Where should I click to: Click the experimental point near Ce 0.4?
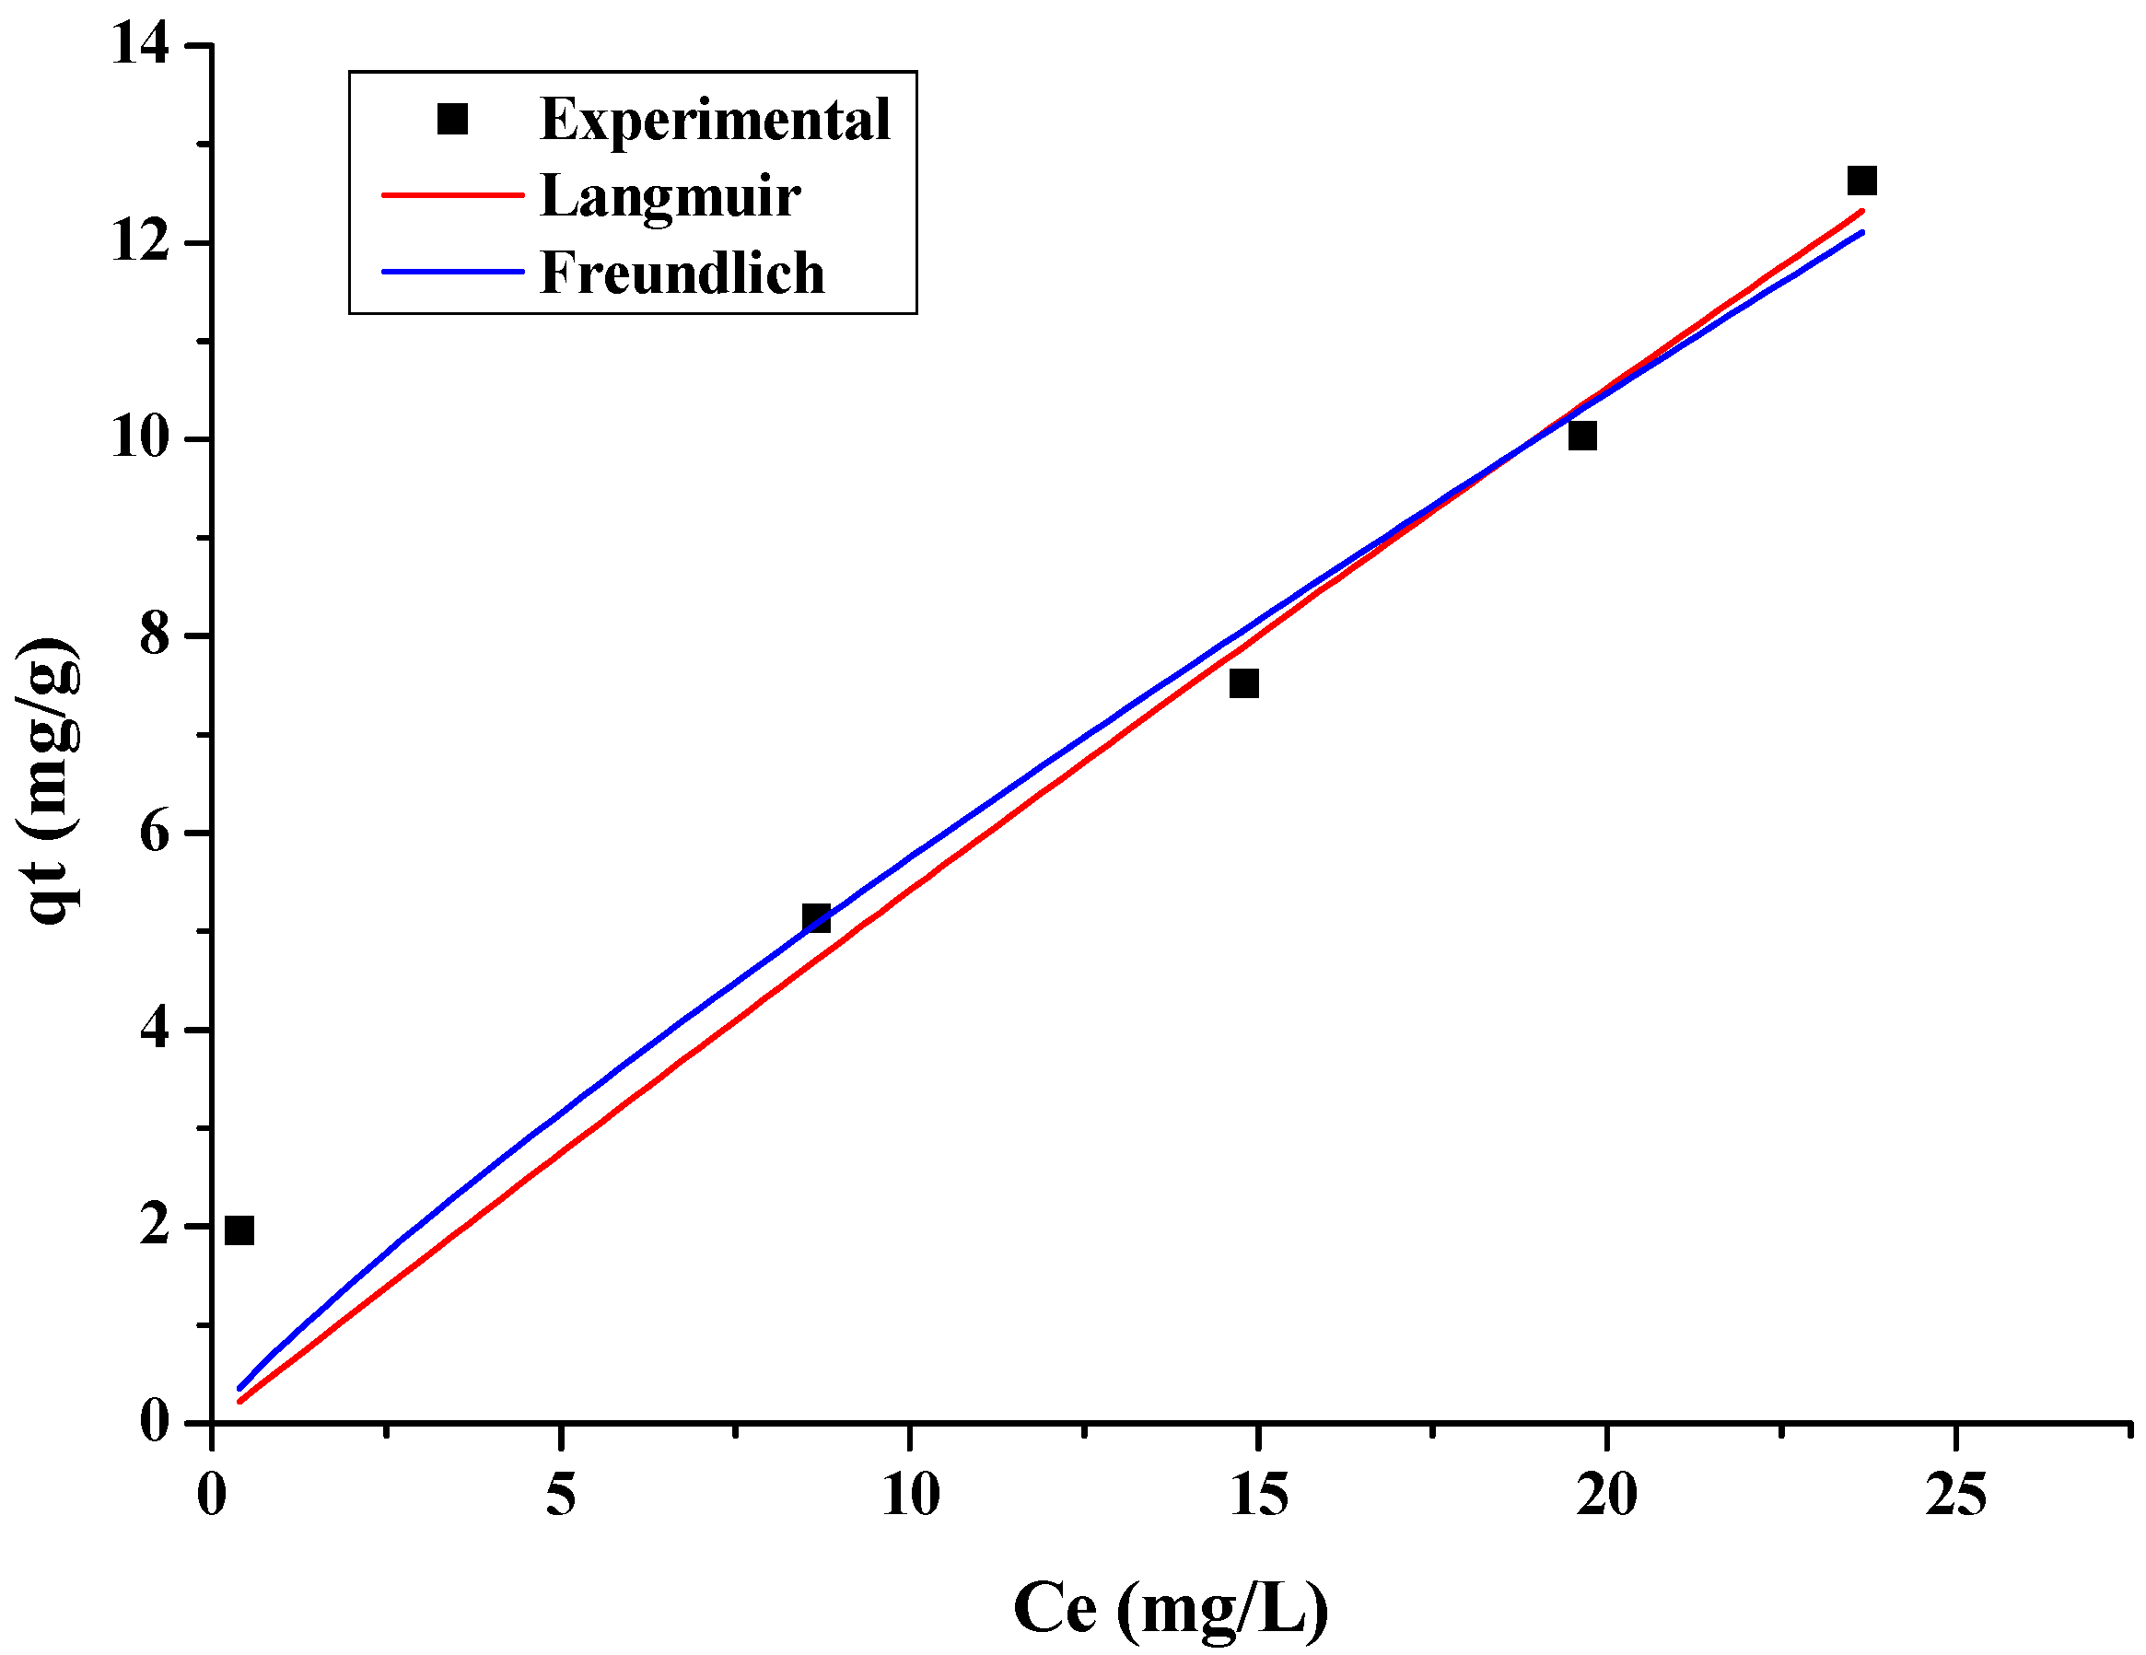point(239,1230)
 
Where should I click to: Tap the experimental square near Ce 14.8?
point(1244,683)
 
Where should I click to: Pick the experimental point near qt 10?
point(1582,436)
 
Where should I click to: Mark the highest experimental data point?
point(1862,181)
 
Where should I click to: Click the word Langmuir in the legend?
point(671,195)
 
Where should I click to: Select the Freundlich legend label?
point(682,273)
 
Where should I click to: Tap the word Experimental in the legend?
point(715,119)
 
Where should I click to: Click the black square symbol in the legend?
point(452,119)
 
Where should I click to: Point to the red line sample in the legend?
point(452,195)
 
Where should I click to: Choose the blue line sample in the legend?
point(452,272)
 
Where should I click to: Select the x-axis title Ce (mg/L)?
point(1171,1609)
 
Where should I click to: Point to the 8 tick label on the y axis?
point(154,635)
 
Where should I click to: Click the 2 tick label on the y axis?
point(154,1226)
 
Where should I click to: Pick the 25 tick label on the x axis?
point(1955,1496)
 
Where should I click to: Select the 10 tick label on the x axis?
point(910,1496)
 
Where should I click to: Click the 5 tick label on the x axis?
point(560,1496)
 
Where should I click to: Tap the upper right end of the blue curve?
point(1861,233)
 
